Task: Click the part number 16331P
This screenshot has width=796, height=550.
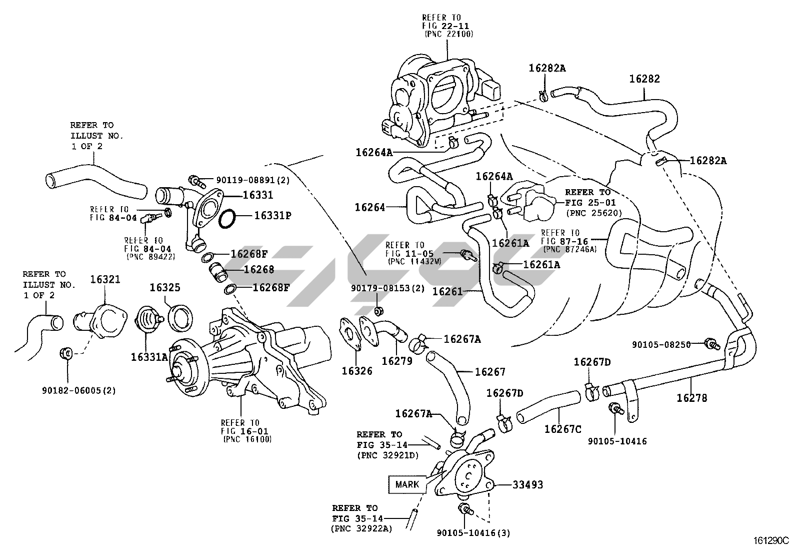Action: [x=272, y=216]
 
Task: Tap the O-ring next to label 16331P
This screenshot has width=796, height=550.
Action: [x=227, y=219]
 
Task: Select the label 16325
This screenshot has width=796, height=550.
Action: [x=165, y=288]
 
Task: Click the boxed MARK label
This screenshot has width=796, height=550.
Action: [x=407, y=484]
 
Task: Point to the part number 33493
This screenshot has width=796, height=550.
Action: [x=527, y=485]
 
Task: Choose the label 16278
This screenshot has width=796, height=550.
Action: [x=692, y=398]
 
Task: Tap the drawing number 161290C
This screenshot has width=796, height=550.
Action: [x=770, y=541]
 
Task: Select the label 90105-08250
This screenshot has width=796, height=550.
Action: [x=661, y=345]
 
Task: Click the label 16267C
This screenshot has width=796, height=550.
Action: [x=562, y=429]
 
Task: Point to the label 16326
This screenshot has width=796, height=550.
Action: [x=357, y=371]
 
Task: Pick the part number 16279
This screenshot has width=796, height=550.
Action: [x=397, y=360]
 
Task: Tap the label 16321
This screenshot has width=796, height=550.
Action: [x=105, y=279]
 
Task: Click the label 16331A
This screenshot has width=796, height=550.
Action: [x=150, y=357]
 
